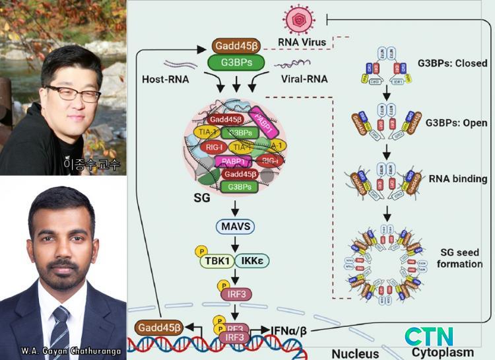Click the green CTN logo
coord(430,336)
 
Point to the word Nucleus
coord(355,353)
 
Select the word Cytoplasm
coord(443,352)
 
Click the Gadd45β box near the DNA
coord(158,326)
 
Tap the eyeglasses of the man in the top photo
coord(72,93)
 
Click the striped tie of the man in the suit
coord(61,330)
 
